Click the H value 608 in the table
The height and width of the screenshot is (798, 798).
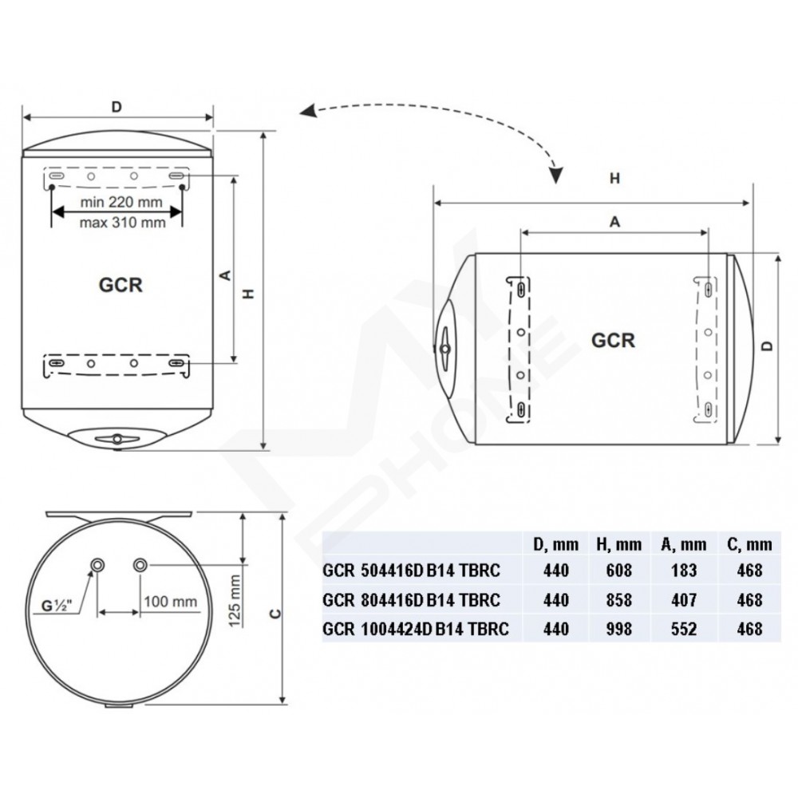click(619, 571)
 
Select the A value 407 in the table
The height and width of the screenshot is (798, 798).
click(684, 600)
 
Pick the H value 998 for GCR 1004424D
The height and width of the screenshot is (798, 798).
click(619, 629)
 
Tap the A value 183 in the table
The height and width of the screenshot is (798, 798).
click(684, 571)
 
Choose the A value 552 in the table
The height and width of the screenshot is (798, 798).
click(684, 629)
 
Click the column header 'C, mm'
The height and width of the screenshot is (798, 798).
click(749, 544)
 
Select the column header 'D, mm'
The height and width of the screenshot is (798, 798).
click(555, 544)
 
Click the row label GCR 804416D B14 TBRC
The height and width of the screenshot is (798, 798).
click(411, 600)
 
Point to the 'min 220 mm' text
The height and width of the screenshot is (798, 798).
click(121, 202)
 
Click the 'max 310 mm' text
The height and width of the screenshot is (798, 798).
click(122, 223)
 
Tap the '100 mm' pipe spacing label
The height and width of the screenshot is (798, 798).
click(170, 602)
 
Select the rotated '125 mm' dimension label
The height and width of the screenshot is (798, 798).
click(234, 601)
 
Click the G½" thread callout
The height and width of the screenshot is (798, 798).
click(57, 606)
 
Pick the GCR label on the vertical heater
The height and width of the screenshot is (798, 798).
click(120, 285)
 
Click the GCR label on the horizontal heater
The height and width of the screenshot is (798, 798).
click(613, 341)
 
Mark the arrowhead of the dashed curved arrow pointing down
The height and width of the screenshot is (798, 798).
click(557, 175)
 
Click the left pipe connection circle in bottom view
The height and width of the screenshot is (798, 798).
click(97, 565)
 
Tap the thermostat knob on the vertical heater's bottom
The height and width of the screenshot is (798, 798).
click(117, 439)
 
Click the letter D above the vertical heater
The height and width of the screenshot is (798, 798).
click(117, 107)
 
